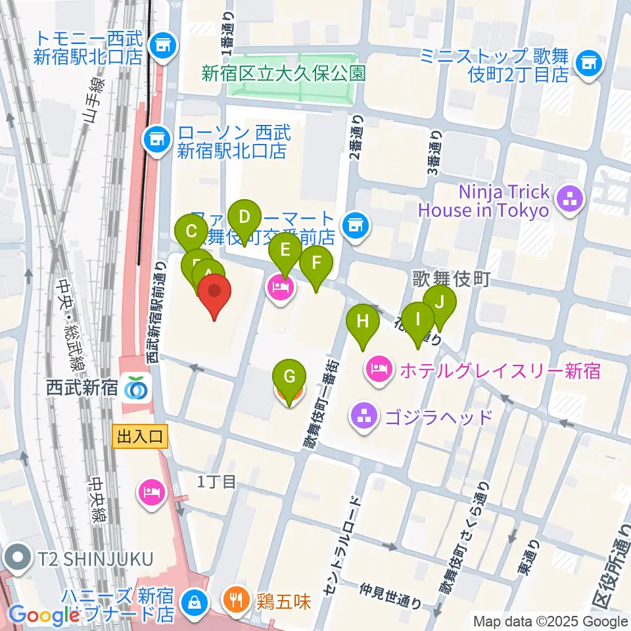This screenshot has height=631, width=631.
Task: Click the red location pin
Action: (215, 293)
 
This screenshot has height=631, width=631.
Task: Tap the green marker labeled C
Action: (192, 232)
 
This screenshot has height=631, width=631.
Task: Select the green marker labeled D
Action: (244, 218)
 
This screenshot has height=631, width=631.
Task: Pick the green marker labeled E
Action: (285, 250)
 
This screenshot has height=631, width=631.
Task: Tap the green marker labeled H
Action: (362, 322)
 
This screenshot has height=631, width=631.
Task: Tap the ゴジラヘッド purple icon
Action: (363, 415)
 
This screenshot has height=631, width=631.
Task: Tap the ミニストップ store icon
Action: (587, 64)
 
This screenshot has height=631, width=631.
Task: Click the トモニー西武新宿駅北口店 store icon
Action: (162, 46)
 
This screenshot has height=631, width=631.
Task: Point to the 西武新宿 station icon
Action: (135, 388)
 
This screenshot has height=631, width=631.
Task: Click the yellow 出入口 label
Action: (140, 435)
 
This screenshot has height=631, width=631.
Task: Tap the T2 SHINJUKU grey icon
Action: (15, 558)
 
